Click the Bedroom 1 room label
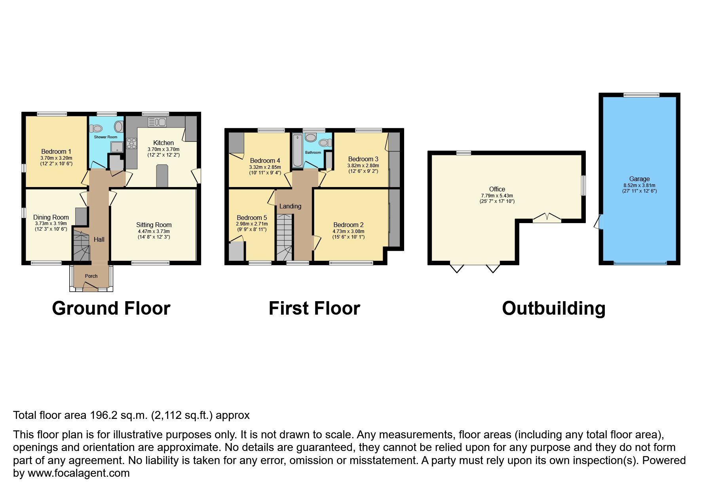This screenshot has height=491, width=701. (x=56, y=151)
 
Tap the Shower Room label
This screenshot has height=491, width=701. (x=106, y=137)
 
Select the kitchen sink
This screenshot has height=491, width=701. (x=157, y=122)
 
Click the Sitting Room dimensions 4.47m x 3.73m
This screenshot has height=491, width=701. (x=154, y=231)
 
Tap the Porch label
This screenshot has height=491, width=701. (x=91, y=276)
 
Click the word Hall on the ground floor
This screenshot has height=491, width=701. (x=99, y=239)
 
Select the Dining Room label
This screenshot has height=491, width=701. (x=51, y=217)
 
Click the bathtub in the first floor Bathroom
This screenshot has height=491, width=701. (x=297, y=151)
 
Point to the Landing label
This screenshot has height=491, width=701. (x=290, y=206)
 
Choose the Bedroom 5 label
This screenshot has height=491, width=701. (x=252, y=218)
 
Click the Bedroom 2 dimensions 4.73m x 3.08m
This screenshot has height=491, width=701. (x=348, y=231)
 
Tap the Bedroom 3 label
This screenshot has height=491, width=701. (x=363, y=159)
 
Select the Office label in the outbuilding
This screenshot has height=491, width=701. (x=497, y=189)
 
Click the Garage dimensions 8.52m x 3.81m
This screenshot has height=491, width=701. (x=639, y=185)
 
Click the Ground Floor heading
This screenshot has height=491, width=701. (x=111, y=308)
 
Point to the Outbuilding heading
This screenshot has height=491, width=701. (x=554, y=308)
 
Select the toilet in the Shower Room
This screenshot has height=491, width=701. (x=96, y=128)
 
